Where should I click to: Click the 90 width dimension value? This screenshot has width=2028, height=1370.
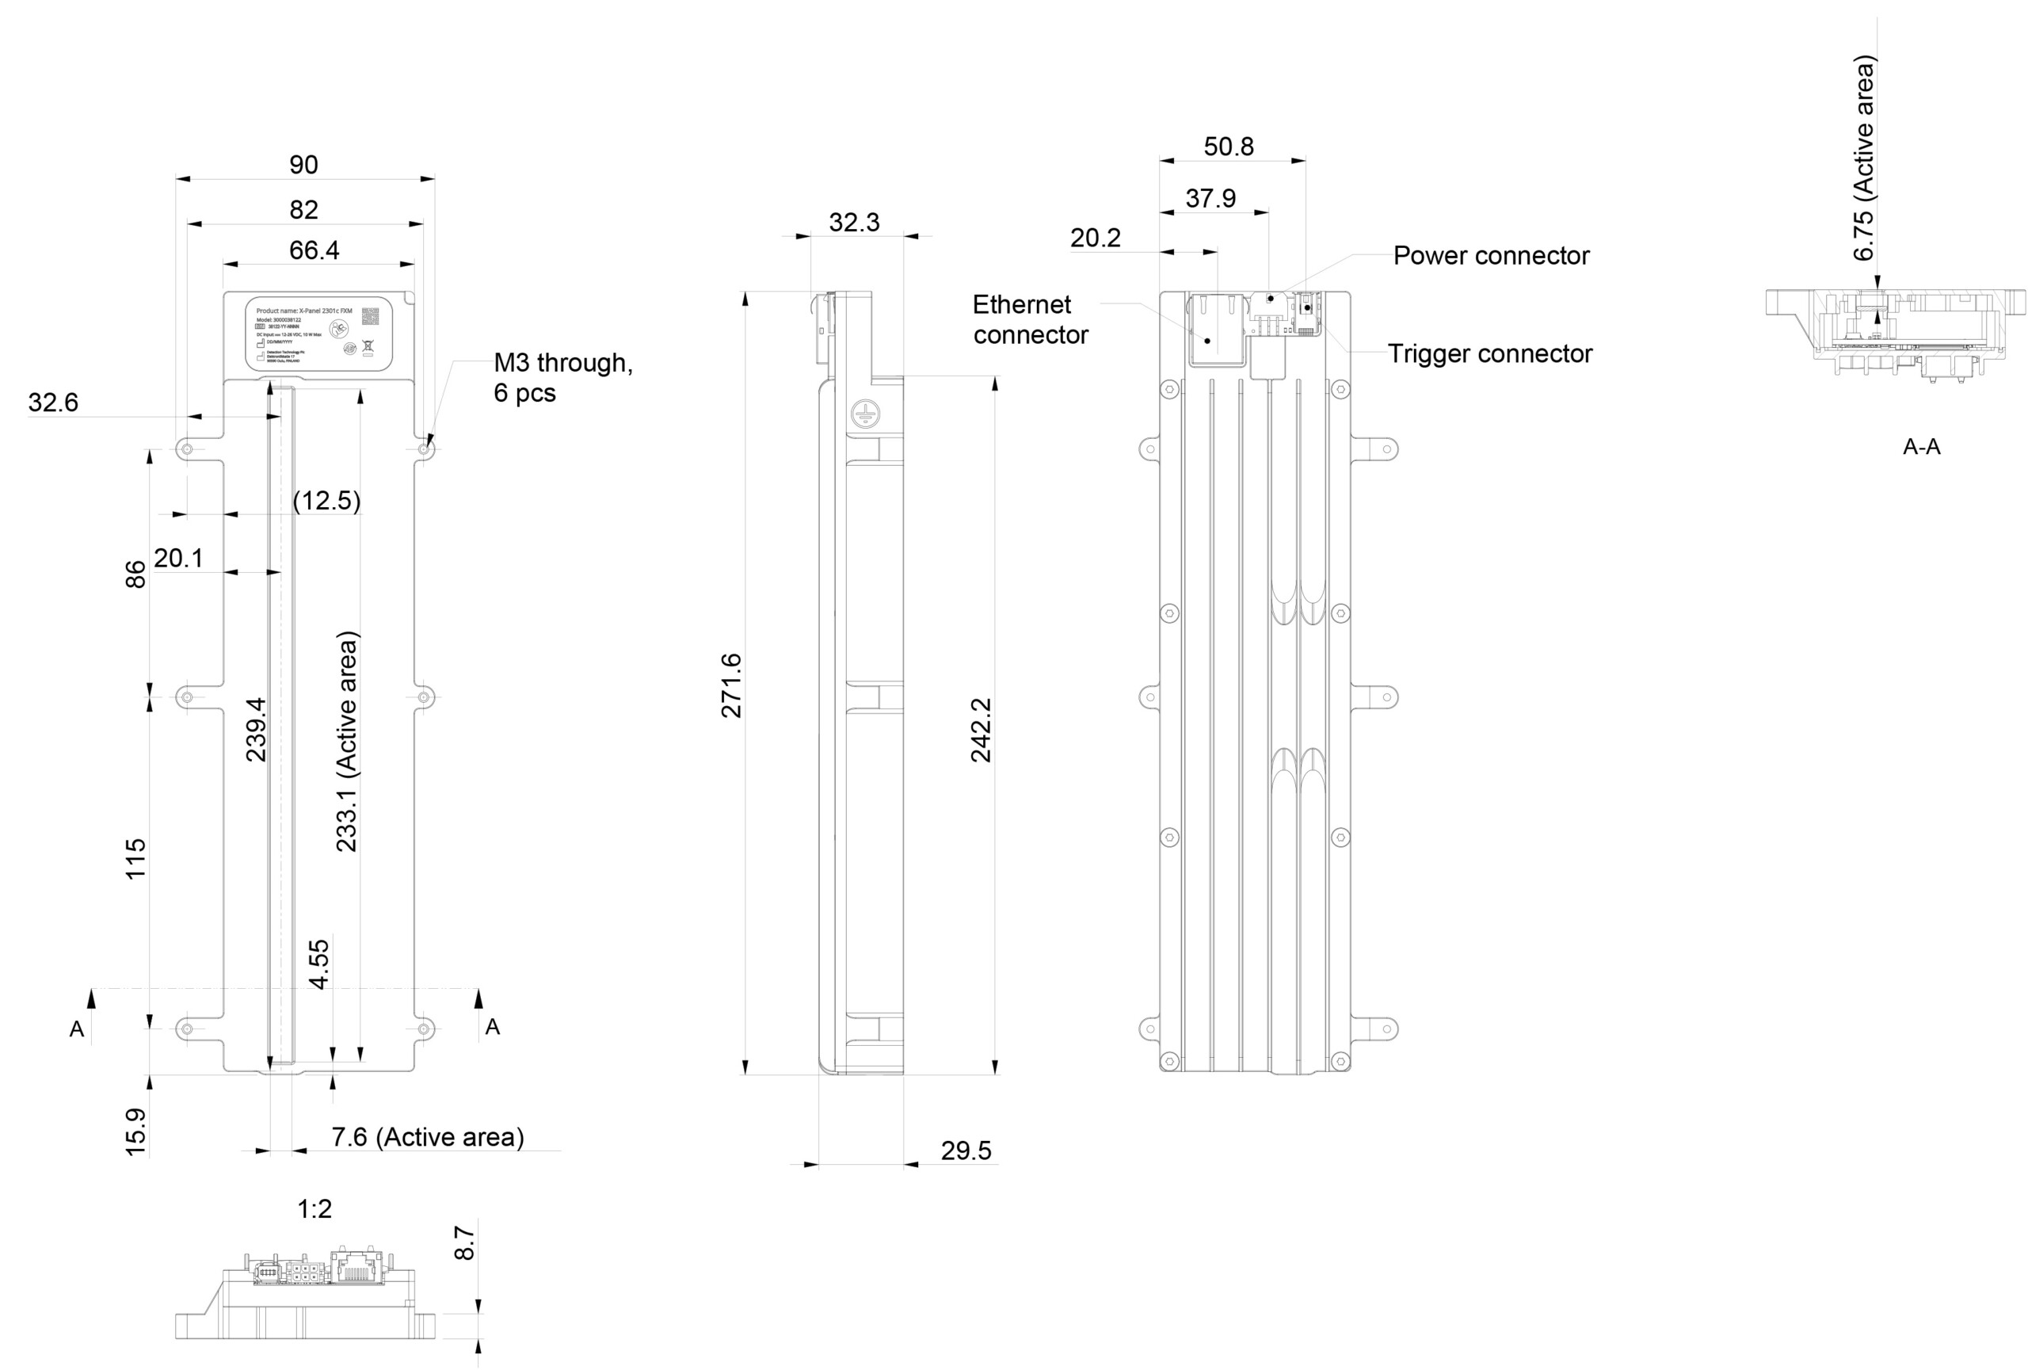point(303,164)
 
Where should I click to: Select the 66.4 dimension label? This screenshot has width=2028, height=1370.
point(314,250)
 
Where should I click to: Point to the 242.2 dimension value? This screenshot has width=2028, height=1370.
point(981,730)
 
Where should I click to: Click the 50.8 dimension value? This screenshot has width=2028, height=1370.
point(1229,147)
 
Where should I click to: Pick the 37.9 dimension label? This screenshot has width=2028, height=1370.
point(1210,198)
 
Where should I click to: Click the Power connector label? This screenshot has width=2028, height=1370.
point(1490,256)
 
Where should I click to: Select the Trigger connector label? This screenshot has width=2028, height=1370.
point(1489,353)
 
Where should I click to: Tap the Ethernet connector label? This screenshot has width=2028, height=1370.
point(1030,319)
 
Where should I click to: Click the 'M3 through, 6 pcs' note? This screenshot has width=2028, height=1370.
point(562,377)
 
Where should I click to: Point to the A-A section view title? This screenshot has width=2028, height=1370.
point(1922,447)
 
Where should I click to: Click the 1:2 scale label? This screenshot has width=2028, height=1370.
point(314,1208)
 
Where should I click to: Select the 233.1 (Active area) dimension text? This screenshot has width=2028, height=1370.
point(347,741)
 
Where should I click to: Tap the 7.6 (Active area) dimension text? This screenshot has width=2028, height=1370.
point(428,1137)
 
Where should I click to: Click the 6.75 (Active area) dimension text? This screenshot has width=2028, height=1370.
point(1863,158)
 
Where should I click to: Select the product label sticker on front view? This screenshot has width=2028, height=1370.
point(318,334)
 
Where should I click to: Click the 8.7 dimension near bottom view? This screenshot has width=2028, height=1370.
point(465,1242)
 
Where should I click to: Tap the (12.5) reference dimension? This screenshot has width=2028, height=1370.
point(326,500)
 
